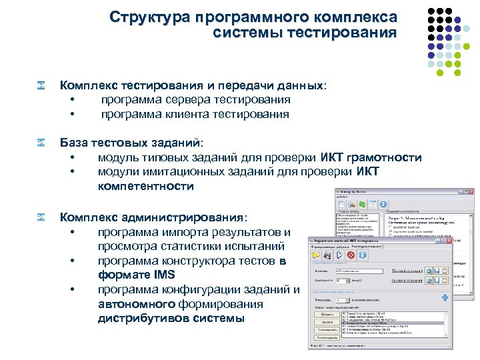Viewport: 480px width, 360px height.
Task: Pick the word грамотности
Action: tap(385, 157)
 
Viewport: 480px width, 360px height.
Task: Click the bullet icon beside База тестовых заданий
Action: tap(41, 143)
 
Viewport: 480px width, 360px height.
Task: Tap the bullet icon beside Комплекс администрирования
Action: tap(41, 217)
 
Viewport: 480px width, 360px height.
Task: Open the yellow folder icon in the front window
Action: tap(316, 255)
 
